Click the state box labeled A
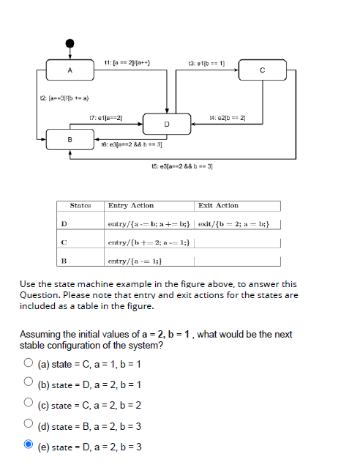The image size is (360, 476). click(x=70, y=71)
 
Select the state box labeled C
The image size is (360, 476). click(x=262, y=71)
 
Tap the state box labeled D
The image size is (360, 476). click(x=167, y=124)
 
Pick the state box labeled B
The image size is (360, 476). click(x=70, y=138)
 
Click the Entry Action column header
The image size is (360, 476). click(x=131, y=206)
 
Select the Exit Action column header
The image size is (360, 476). click(x=218, y=206)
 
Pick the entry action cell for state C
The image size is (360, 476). click(x=149, y=242)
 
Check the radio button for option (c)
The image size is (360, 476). click(x=27, y=404)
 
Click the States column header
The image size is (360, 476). click(x=80, y=206)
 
